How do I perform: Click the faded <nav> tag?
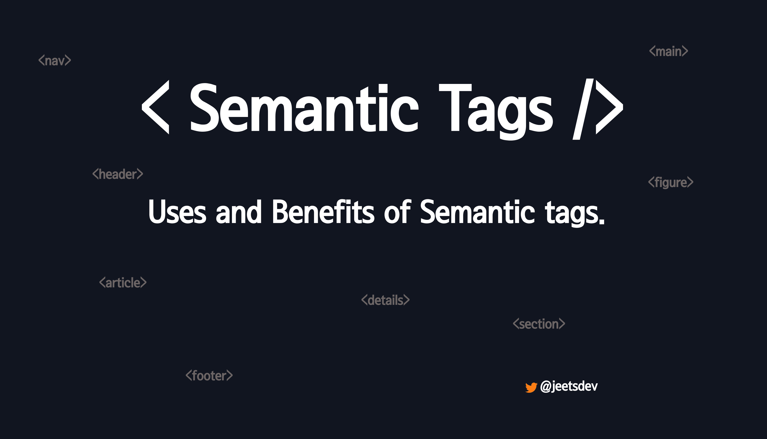point(55,60)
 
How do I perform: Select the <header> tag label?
point(118,174)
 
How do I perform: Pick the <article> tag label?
point(123,282)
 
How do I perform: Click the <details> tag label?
point(385,300)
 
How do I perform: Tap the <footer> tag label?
point(209,375)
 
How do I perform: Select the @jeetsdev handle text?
point(569,386)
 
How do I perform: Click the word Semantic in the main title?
point(304,108)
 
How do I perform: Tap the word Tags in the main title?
point(496,111)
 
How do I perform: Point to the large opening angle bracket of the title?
point(155,107)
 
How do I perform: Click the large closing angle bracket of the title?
point(610,107)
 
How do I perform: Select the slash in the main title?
point(583,109)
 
